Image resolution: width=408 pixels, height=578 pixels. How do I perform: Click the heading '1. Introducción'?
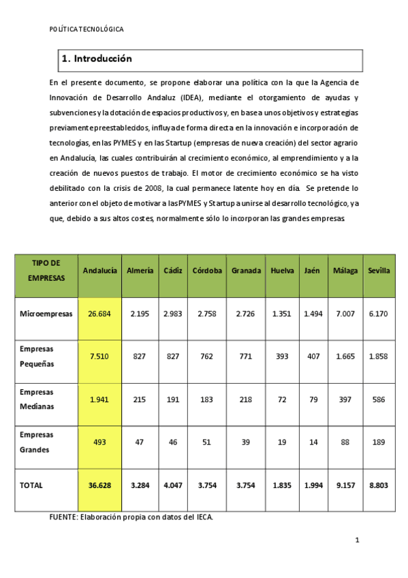pos(97,59)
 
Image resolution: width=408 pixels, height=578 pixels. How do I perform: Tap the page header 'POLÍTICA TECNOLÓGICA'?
pos(87,29)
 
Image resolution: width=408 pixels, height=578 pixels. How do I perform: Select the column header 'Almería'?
pos(140,271)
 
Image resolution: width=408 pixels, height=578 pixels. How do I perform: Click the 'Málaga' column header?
pos(345,271)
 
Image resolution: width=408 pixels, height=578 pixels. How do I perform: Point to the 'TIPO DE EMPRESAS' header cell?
pos(46,271)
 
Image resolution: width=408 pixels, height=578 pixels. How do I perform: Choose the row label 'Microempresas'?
pos(46,314)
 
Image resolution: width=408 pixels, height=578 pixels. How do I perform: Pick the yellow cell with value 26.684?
pos(99,314)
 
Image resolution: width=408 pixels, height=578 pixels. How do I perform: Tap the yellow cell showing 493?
pos(99,442)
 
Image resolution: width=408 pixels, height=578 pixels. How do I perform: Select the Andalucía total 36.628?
pos(99,485)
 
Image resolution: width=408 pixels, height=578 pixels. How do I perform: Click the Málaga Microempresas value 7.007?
pos(345,314)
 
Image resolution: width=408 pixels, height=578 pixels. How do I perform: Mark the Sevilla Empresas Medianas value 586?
pos(379,399)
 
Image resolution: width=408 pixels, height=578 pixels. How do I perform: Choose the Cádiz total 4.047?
pos(172,485)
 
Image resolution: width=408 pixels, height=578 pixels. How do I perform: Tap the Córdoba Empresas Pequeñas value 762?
pos(207,356)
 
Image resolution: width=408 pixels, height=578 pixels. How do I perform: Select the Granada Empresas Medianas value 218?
pos(246,399)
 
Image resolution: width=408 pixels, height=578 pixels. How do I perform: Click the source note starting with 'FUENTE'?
pos(131,517)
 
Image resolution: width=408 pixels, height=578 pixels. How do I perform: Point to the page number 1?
pos(356,541)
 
